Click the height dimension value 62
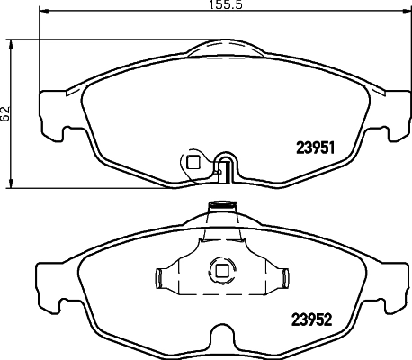[x=7, y=113]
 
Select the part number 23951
[x=316, y=149]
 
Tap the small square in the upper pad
[x=193, y=163]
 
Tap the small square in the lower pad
[x=219, y=268]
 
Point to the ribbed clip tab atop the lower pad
[x=219, y=211]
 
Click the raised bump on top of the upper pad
[x=222, y=45]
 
